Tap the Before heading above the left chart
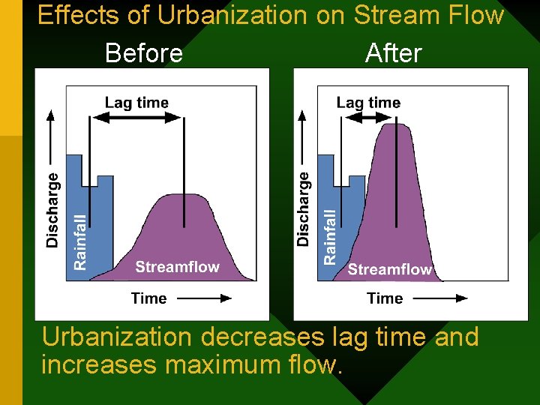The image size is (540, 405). coord(144,53)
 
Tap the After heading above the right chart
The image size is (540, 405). coord(393,53)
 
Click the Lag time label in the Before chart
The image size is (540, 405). coord(136,103)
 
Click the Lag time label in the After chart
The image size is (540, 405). coord(368,103)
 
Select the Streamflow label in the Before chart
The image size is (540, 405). coord(177,267)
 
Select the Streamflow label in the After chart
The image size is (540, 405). coord(389,269)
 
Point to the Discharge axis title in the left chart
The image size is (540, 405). coord(52,210)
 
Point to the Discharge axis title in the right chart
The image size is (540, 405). coord(303,208)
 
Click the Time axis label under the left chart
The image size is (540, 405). coord(148,298)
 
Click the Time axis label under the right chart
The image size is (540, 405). coord(385,298)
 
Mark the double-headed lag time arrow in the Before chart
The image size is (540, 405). coord(136,118)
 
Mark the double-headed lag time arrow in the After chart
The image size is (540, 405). coord(368,118)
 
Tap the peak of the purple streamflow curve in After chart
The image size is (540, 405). coord(394,125)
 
